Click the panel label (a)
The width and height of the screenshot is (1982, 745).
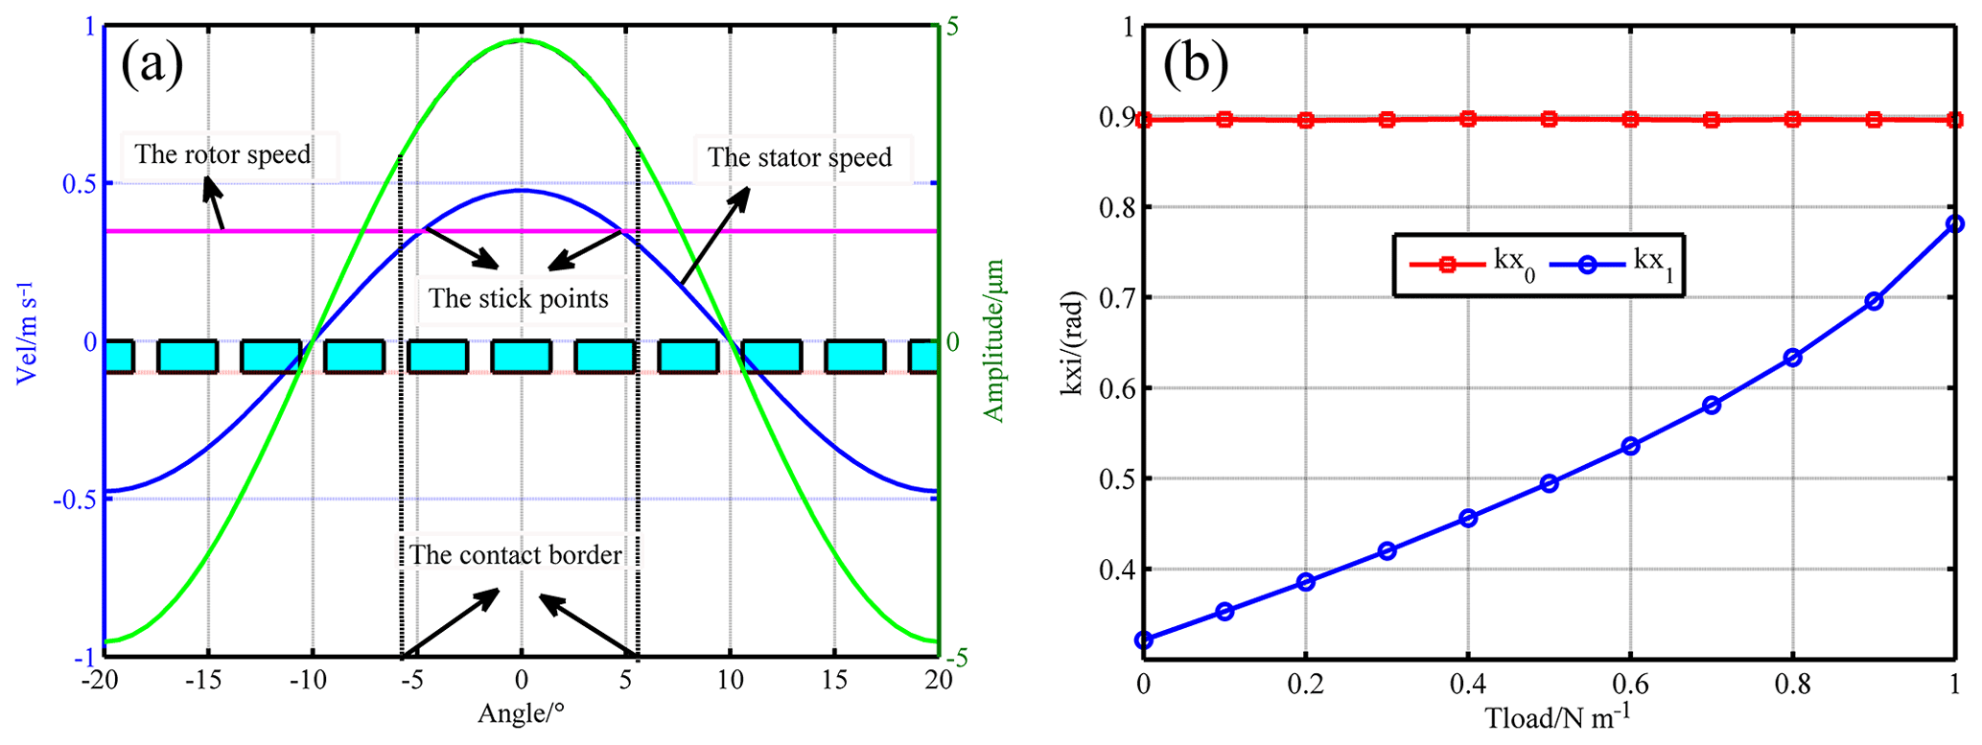[x=152, y=65]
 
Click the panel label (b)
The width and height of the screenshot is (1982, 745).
[x=1195, y=65]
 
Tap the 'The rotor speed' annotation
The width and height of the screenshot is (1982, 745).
[x=222, y=154]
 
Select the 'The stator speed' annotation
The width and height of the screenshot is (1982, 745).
[x=800, y=157]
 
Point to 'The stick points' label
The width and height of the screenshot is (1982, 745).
[x=518, y=298]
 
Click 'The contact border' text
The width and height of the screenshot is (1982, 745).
[x=516, y=555]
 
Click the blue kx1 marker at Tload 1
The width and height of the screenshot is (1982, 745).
[x=1955, y=223]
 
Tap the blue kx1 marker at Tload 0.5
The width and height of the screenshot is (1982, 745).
[x=1549, y=483]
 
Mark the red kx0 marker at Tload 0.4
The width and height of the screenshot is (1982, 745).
[x=1467, y=119]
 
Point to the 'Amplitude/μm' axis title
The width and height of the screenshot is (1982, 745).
[x=994, y=340]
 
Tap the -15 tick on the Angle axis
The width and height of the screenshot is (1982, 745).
[x=203, y=681]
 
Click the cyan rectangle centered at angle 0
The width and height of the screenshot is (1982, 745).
[x=521, y=357]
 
